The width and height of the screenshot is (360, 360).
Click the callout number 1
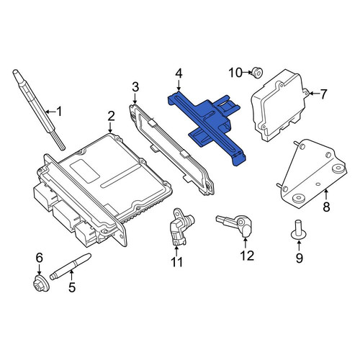59,112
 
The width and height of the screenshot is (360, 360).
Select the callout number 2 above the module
111,116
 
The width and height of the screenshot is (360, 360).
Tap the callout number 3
135,87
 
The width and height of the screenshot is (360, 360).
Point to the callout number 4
179,74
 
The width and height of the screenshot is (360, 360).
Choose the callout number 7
323,94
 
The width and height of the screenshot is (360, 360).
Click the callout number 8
326,207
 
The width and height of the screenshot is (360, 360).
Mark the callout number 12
247,256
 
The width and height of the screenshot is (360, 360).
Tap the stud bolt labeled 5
71,266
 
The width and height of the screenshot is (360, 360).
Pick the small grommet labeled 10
257,73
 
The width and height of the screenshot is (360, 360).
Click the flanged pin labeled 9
299,230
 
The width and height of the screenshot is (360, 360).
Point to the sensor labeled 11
181,226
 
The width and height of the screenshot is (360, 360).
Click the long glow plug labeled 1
39,109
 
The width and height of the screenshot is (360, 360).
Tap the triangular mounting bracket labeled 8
312,174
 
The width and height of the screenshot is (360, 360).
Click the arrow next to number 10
248,72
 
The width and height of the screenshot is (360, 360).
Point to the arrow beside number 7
315,94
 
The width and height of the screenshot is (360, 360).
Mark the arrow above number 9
299,246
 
